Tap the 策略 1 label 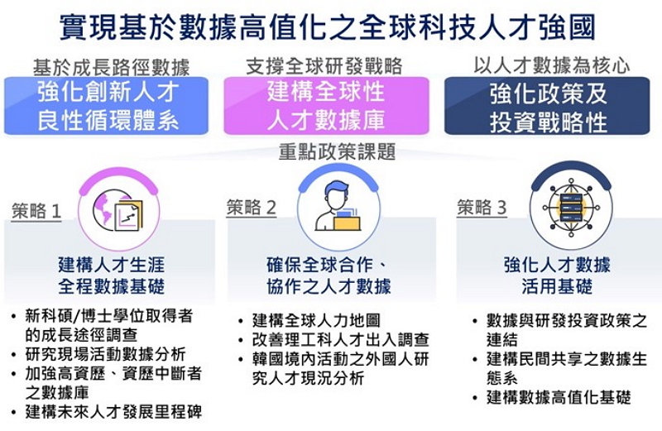point(37,211)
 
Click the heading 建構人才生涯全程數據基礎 point(111,276)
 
